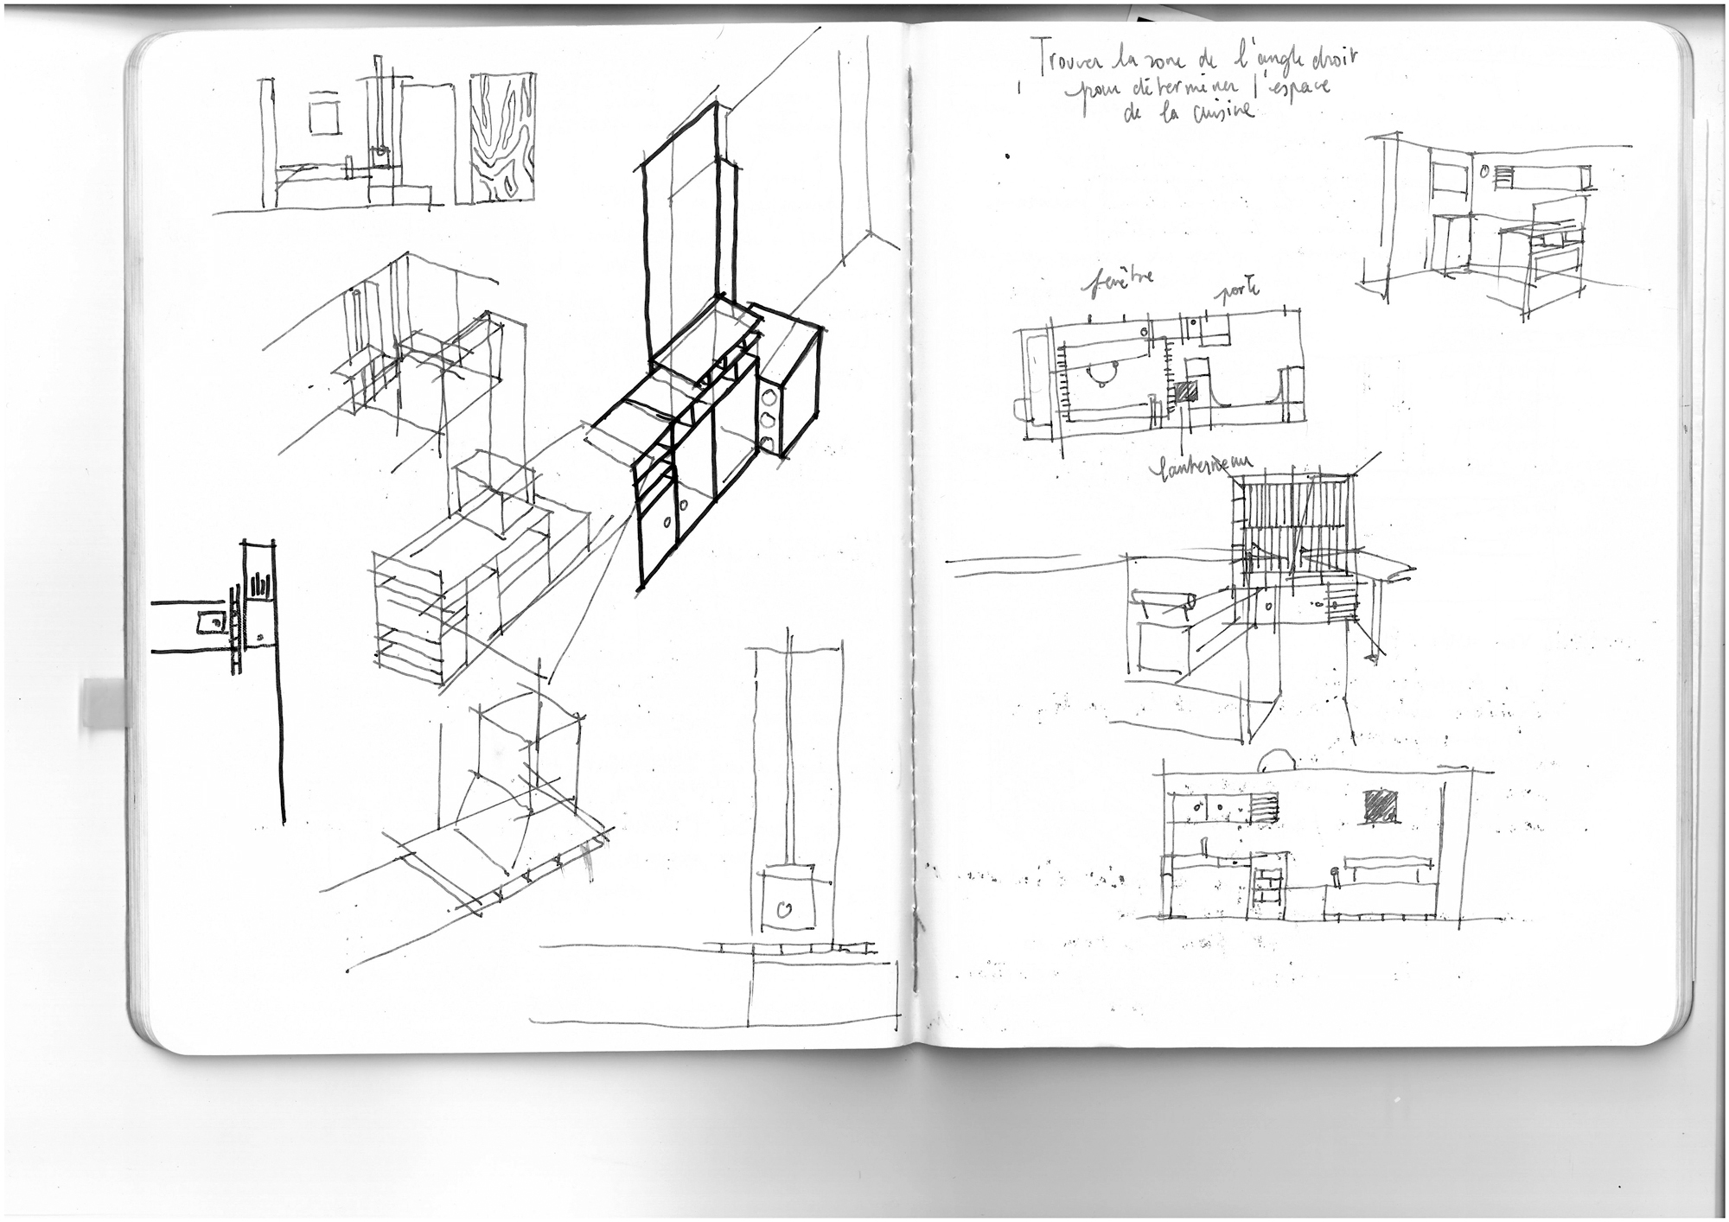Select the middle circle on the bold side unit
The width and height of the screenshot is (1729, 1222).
coord(768,421)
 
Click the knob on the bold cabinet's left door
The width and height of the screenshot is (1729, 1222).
coord(667,521)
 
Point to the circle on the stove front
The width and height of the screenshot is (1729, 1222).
coord(785,908)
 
